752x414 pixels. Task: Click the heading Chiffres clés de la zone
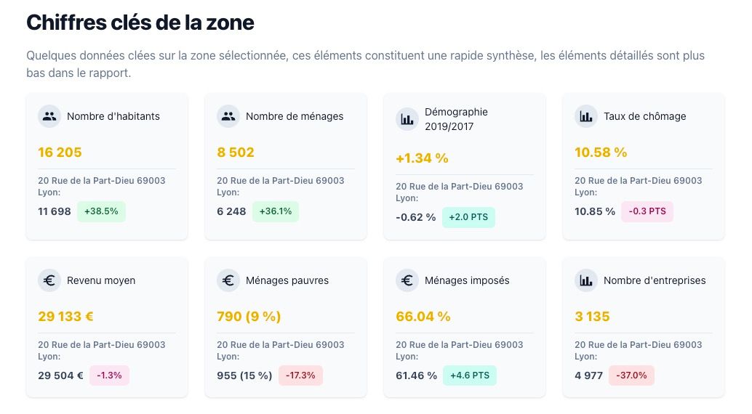[140, 23]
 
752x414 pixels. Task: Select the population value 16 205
[60, 153]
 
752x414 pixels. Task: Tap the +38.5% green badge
[101, 211]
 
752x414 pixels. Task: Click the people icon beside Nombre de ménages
[228, 116]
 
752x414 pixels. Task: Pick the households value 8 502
[236, 153]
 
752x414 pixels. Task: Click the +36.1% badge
[275, 211]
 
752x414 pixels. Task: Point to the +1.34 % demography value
[422, 158]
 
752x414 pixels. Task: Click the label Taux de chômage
[644, 116]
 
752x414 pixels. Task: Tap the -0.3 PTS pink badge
[647, 211]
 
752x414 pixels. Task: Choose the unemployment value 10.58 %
[601, 153]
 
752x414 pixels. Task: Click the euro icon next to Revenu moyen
[49, 280]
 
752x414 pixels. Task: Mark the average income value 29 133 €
[65, 317]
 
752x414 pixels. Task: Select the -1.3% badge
[109, 376]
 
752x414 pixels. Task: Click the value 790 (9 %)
[249, 317]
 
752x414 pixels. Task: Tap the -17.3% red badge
[300, 376]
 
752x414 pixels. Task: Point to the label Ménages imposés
[467, 280]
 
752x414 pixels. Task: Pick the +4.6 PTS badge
[470, 376]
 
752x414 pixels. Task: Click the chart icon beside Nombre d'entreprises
[586, 280]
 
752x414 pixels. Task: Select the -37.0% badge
[631, 376]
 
